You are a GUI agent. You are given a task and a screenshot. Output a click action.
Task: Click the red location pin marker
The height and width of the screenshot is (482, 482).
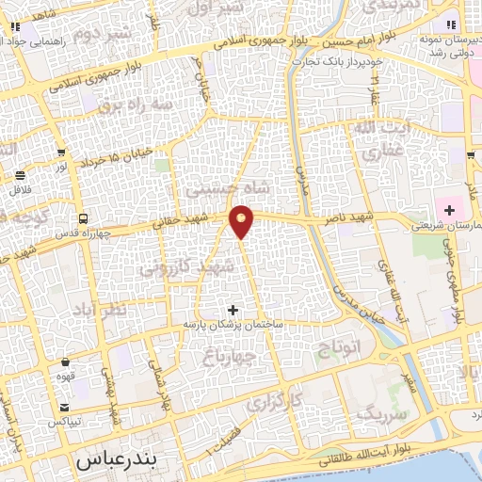[x=242, y=220]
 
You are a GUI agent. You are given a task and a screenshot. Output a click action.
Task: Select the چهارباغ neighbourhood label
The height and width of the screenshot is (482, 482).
[x=229, y=355]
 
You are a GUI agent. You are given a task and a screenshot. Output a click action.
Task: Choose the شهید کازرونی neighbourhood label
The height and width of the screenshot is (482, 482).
[x=185, y=267]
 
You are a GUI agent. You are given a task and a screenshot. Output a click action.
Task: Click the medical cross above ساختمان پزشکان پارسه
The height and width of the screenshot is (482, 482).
[x=233, y=309]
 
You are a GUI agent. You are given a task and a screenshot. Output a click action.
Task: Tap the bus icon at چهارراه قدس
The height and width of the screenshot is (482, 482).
[x=82, y=218]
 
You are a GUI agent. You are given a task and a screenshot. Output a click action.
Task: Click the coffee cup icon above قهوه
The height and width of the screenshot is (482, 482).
[x=65, y=361]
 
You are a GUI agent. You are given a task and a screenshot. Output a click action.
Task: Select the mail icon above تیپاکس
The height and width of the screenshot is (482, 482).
[x=64, y=407]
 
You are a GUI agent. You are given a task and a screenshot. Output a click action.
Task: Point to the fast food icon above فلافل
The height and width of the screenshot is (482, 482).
[x=21, y=175]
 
